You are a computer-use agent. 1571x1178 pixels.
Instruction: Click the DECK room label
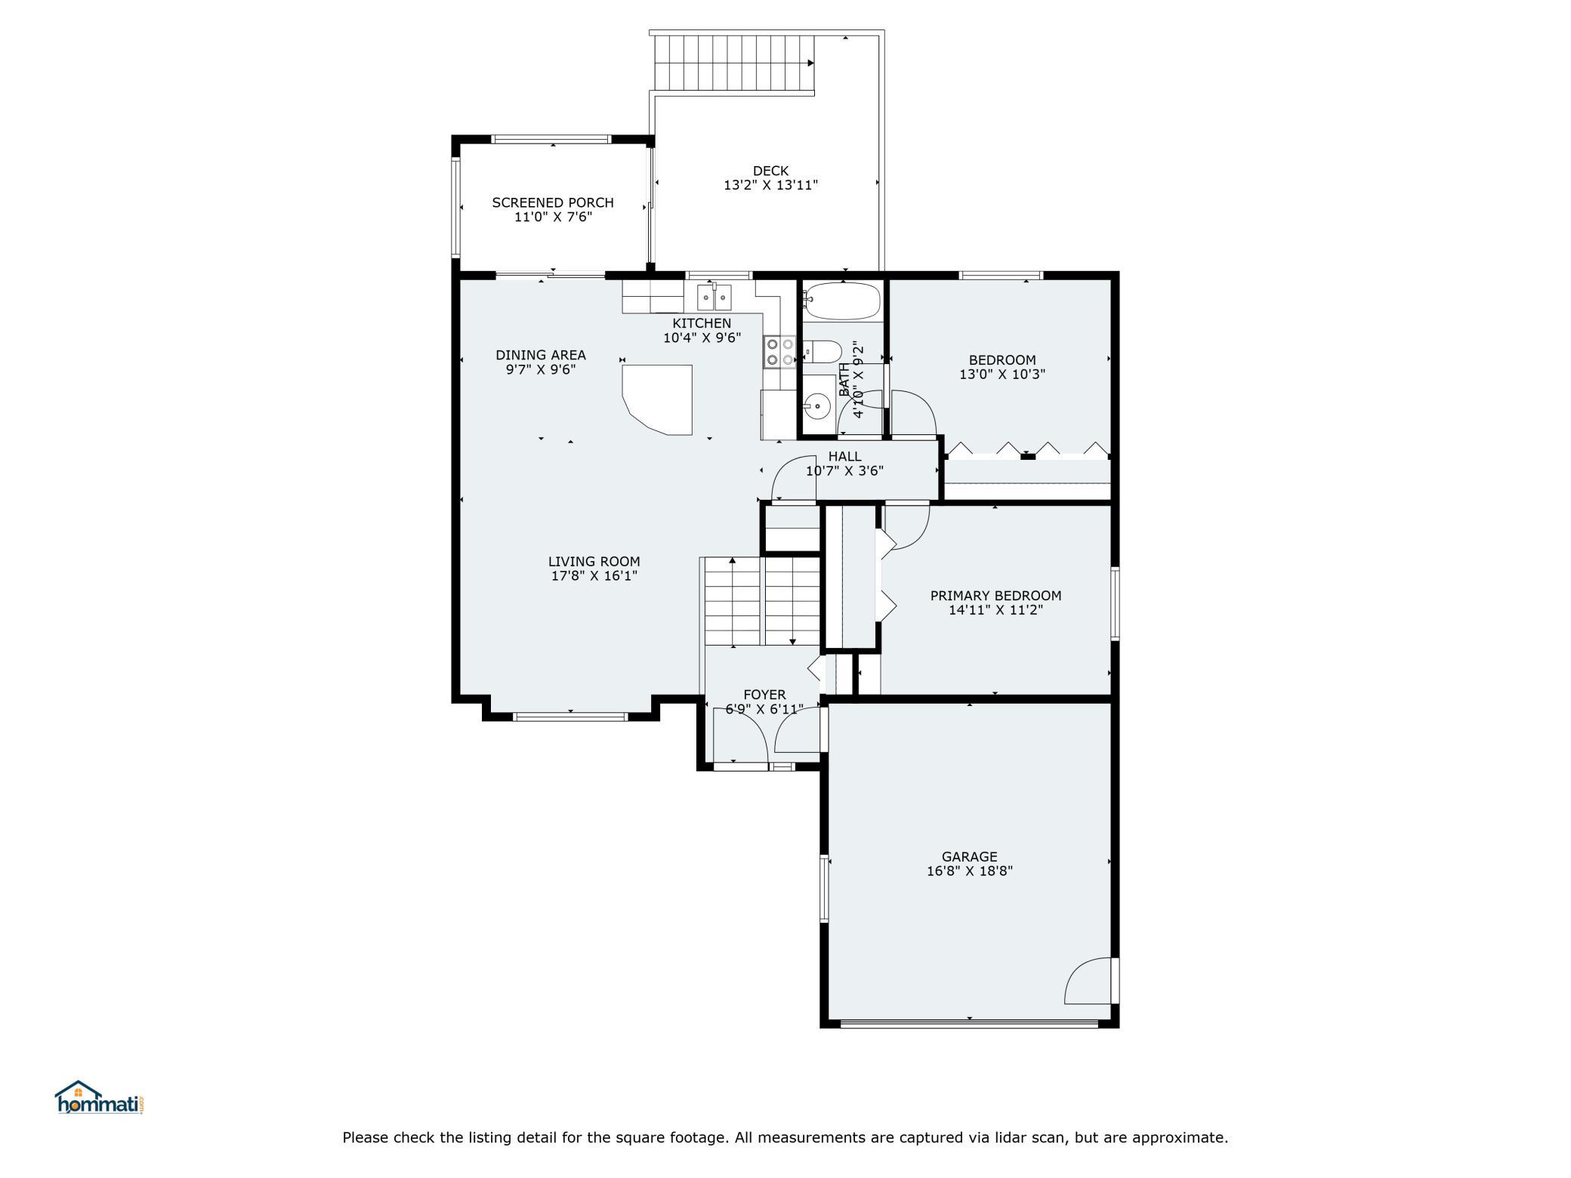[770, 171]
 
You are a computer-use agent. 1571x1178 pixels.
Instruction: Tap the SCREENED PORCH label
[553, 202]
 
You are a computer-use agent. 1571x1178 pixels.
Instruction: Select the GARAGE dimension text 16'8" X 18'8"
[970, 871]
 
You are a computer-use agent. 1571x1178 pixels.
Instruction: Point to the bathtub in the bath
[842, 301]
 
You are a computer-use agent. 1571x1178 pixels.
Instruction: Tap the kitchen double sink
[714, 298]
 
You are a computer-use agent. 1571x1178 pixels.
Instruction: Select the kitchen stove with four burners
[780, 351]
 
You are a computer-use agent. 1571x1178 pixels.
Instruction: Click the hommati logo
[100, 1097]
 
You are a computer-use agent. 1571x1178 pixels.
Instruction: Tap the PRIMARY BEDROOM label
[995, 596]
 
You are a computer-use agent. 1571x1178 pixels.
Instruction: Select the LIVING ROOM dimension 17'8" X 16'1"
[594, 576]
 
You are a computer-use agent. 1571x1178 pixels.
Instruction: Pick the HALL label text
[844, 456]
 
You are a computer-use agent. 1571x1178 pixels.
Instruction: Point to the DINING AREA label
[541, 355]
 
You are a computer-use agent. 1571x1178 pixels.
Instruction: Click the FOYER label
[764, 695]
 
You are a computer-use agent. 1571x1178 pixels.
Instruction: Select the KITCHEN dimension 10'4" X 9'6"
[702, 338]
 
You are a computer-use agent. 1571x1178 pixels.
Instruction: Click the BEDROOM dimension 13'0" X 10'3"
[1002, 374]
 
